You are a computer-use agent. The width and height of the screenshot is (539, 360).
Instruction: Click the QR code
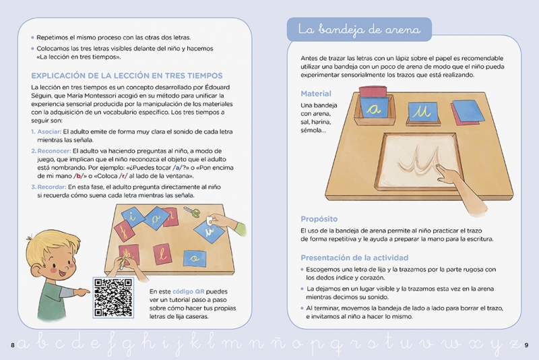click(x=113, y=297)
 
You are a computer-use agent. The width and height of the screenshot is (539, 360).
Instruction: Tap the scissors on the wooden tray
click(x=191, y=212)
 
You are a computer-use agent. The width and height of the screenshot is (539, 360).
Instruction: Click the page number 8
click(x=12, y=345)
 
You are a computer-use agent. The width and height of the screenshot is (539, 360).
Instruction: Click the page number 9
click(x=526, y=345)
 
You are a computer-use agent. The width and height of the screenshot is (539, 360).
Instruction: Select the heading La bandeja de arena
click(x=359, y=30)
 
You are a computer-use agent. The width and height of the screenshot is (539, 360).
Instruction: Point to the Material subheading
click(x=316, y=94)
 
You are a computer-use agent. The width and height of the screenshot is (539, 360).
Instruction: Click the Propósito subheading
click(x=319, y=219)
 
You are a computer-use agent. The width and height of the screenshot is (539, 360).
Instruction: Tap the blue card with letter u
click(x=422, y=112)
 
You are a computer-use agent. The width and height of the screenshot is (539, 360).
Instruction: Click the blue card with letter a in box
click(x=375, y=109)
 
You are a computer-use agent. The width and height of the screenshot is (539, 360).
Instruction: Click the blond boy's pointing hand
click(x=82, y=293)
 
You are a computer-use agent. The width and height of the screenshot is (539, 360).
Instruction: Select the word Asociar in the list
click(x=49, y=131)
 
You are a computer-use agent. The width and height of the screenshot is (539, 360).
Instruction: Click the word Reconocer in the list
click(x=54, y=151)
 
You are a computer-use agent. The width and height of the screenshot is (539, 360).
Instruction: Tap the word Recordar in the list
click(x=52, y=187)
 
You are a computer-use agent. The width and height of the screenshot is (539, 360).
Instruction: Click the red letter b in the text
click(x=79, y=176)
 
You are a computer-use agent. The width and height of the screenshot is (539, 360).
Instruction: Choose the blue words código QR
click(x=189, y=292)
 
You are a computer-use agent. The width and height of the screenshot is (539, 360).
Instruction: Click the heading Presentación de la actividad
click(x=354, y=258)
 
